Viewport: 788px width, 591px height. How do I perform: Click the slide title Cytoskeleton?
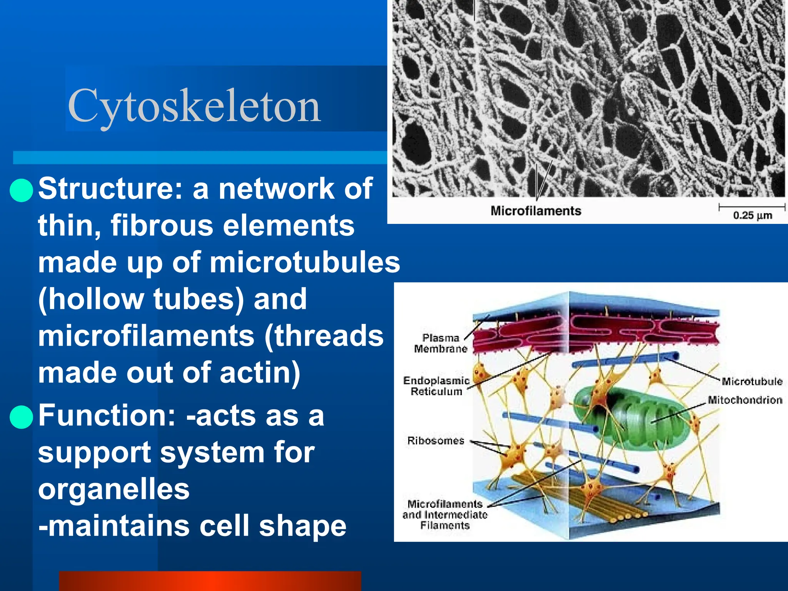pyautogui.click(x=194, y=105)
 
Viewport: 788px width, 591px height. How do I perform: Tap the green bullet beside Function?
pyautogui.click(x=22, y=417)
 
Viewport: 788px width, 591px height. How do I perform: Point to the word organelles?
pyautogui.click(x=114, y=489)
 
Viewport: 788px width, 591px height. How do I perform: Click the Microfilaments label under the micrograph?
pyautogui.click(x=536, y=211)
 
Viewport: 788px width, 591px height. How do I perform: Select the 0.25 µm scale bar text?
pyautogui.click(x=753, y=215)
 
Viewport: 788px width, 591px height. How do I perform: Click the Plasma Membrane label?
pyautogui.click(x=441, y=343)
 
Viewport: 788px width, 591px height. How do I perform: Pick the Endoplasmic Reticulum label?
pyautogui.click(x=436, y=386)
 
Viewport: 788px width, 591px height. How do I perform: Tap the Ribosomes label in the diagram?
pyautogui.click(x=436, y=441)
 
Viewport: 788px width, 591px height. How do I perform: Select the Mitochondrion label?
pyautogui.click(x=745, y=400)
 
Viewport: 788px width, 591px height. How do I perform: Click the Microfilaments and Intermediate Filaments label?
pyautogui.click(x=445, y=514)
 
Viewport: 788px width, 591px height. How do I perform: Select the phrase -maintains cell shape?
pyautogui.click(x=192, y=526)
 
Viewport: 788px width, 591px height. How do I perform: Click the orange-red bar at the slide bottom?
pyautogui.click(x=210, y=581)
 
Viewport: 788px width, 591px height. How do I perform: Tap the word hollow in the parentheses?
pyautogui.click(x=98, y=299)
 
